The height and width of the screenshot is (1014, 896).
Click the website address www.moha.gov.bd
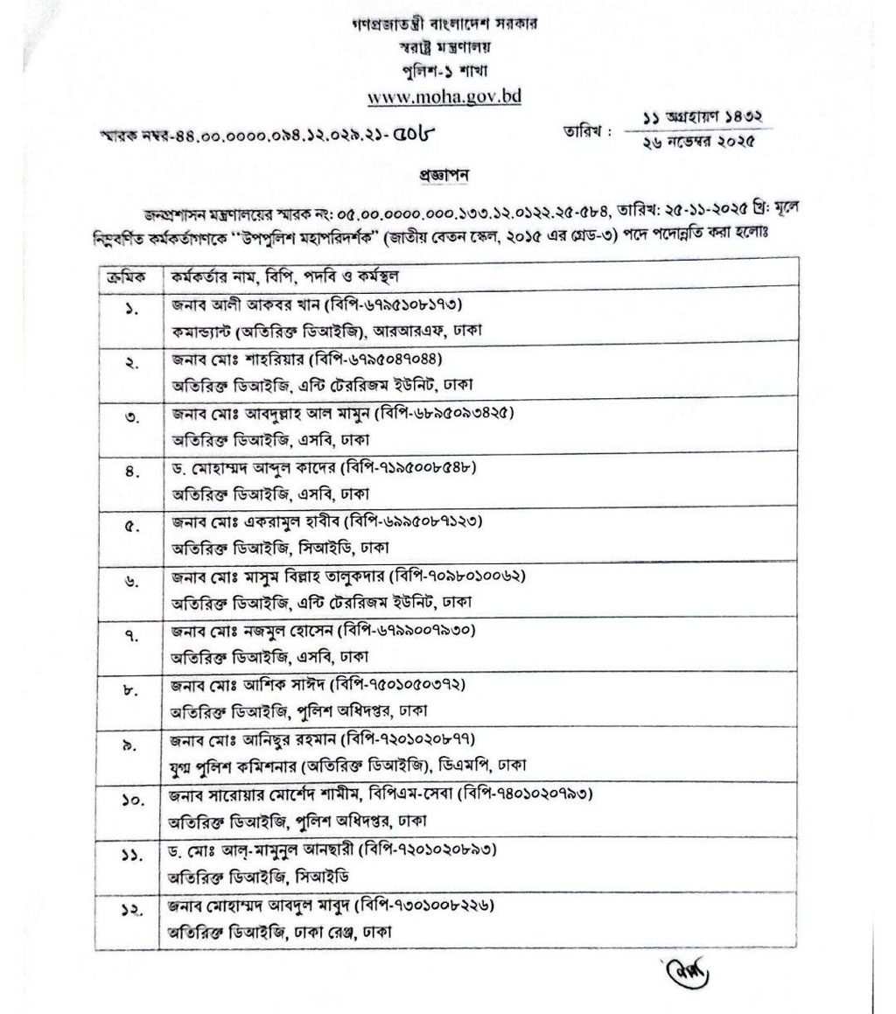point(444,96)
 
